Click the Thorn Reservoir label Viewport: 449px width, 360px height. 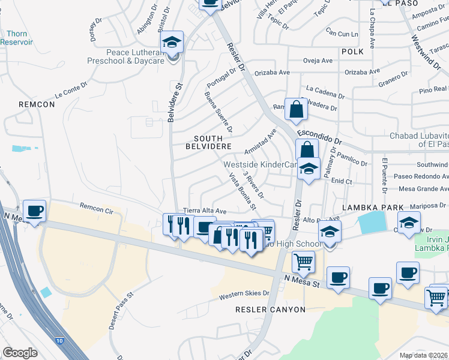tap(13, 38)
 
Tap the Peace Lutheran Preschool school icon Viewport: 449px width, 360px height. tap(172, 43)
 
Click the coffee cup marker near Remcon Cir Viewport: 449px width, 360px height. tap(34, 211)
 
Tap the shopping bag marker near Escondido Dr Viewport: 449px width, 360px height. tap(297, 110)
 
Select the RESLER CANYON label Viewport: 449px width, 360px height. tap(270, 310)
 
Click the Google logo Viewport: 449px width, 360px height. tap(20, 353)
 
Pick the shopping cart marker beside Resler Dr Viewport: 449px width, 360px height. tap(304, 262)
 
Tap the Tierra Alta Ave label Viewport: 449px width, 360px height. tap(205, 211)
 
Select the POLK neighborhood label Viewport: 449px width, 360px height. tap(354, 52)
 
